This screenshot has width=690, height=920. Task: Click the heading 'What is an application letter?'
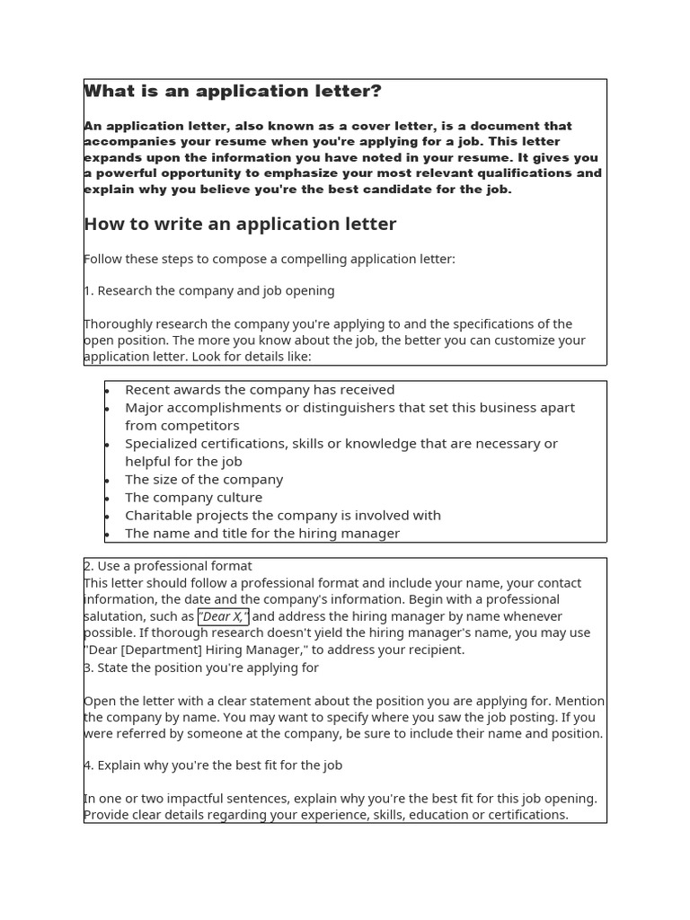click(x=233, y=92)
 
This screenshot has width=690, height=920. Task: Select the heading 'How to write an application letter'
click(x=240, y=225)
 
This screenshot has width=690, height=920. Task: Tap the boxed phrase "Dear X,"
click(x=223, y=616)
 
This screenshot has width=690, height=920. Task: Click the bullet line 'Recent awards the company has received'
click(x=260, y=390)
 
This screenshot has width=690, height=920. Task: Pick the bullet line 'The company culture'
click(x=193, y=498)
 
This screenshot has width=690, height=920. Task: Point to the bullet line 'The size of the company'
click(x=204, y=480)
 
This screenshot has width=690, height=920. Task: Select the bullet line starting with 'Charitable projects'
click(x=283, y=516)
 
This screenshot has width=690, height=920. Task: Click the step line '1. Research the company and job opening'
click(x=209, y=291)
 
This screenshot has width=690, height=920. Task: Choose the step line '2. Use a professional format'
click(x=168, y=566)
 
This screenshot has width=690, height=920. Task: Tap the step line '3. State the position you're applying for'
click(x=201, y=668)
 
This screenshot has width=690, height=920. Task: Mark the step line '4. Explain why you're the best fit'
click(x=213, y=765)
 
